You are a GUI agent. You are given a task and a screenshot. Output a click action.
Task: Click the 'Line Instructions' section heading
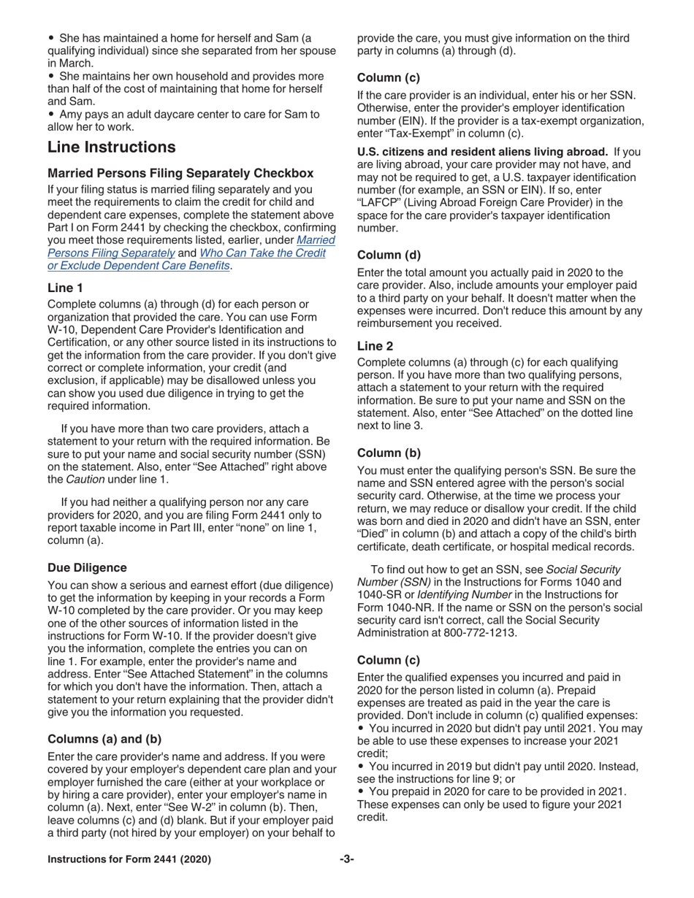(111, 147)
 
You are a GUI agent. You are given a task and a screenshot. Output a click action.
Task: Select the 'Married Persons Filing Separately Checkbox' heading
(180, 173)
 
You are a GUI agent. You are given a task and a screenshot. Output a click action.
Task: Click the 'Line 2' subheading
(375, 346)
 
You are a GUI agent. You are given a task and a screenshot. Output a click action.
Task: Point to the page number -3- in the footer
(346, 859)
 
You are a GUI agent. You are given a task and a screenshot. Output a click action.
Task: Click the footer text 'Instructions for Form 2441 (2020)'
(129, 859)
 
